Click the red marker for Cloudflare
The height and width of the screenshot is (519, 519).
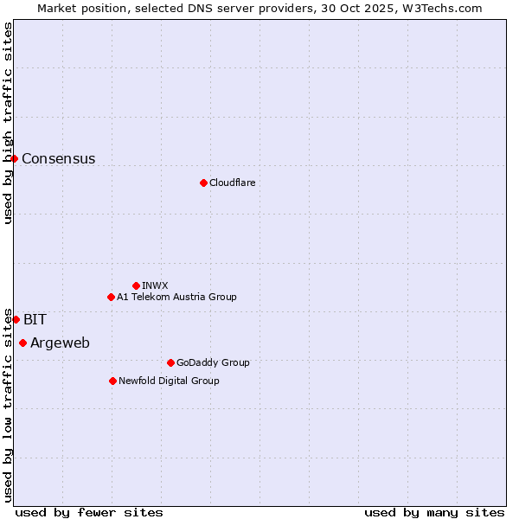203,183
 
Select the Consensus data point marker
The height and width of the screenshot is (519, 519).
14,158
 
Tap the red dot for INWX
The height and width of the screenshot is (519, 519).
136,285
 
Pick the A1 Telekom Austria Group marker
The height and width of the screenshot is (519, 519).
111,297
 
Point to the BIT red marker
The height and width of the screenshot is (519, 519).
16,319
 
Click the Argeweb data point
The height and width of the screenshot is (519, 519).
22,343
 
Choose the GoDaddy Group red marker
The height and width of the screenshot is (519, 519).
170,362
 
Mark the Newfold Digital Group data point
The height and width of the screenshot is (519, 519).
112,381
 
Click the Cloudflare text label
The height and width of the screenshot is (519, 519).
232,183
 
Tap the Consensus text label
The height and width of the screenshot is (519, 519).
58,158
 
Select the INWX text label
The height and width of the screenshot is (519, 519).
155,285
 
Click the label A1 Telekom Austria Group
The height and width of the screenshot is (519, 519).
176,297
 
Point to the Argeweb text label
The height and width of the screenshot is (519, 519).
60,343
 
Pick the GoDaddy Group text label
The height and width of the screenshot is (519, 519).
213,362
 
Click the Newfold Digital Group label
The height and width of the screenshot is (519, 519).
169,381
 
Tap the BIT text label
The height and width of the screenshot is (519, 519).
35,319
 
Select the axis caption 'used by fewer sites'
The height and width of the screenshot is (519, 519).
89,512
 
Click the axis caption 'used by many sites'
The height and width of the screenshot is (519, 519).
434,512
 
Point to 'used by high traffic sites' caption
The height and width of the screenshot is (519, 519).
8,123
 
